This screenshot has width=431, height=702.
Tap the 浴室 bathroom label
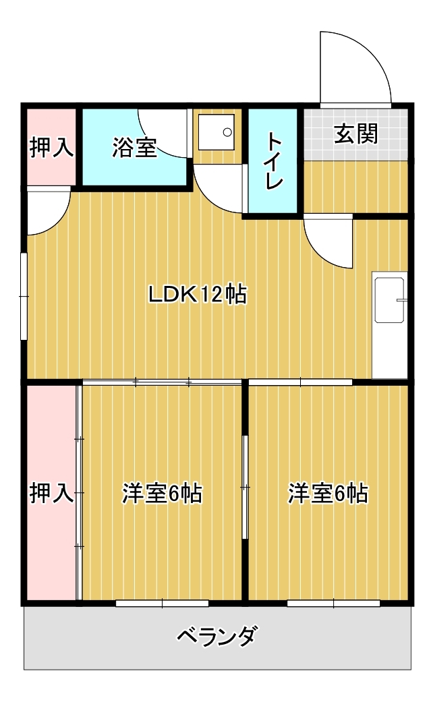[134, 147]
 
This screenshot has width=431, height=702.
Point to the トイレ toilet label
[274, 161]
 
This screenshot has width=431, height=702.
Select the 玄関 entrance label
[355, 134]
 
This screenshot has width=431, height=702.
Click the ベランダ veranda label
[218, 636]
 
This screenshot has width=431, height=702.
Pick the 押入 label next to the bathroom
[51, 147]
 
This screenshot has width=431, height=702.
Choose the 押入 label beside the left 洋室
[51, 494]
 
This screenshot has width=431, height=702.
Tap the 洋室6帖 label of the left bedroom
[162, 494]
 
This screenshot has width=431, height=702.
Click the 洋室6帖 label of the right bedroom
[328, 494]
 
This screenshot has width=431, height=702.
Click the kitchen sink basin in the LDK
[390, 300]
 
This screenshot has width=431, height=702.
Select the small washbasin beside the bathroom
[217, 132]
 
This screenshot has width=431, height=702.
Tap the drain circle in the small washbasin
[227, 132]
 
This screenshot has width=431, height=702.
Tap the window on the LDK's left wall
[24, 297]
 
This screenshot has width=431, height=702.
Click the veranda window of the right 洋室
[333, 604]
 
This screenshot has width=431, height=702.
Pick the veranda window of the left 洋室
[162, 604]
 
